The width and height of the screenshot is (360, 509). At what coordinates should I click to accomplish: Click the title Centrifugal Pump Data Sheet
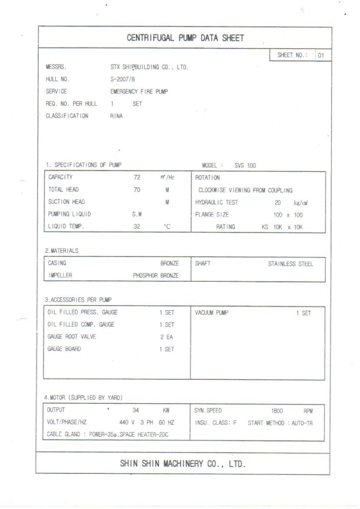pos(185,38)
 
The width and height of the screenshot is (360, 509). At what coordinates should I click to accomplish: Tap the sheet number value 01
pos(321,55)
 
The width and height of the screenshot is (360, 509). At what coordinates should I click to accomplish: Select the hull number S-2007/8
pos(123,79)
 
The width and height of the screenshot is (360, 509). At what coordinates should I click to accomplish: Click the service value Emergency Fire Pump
pos(139,91)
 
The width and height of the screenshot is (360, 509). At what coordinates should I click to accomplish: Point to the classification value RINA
pos(116,116)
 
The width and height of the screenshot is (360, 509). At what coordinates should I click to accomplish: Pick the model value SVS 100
pos(245,166)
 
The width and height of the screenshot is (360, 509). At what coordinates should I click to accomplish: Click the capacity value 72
pos(137,177)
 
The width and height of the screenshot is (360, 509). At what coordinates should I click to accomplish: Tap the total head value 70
pos(137,189)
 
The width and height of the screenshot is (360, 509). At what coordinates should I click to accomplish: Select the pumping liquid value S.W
pos(137,214)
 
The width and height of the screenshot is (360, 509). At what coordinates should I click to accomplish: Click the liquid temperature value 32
pos(137,227)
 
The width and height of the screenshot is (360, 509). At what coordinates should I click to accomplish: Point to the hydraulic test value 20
pos(278,202)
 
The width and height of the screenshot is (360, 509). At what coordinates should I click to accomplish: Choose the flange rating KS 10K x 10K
pos(282,227)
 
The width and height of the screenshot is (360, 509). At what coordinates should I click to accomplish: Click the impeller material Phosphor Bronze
pos(156,275)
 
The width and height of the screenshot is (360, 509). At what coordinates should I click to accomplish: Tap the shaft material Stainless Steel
pos(290,264)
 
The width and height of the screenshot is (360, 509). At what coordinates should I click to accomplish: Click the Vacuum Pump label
pos(211,313)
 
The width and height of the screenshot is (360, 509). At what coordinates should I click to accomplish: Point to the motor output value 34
pos(136,411)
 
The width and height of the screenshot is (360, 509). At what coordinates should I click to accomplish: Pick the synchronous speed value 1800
pos(277,411)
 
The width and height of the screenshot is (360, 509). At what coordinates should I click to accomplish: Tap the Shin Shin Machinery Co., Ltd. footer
pos(182,464)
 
